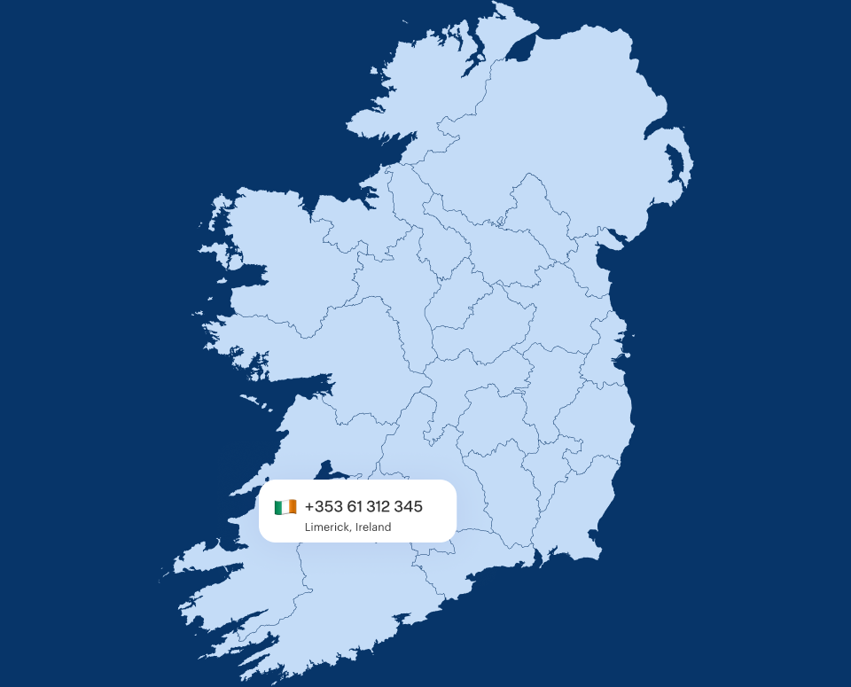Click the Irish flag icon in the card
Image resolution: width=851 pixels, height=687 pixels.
(285, 507)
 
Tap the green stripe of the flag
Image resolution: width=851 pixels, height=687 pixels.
(278, 507)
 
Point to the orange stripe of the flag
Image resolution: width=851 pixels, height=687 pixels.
(293, 507)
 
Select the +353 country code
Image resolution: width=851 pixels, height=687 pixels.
(322, 507)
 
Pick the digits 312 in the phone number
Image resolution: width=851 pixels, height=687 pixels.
(378, 507)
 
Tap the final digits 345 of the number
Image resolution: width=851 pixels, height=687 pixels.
(409, 507)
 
